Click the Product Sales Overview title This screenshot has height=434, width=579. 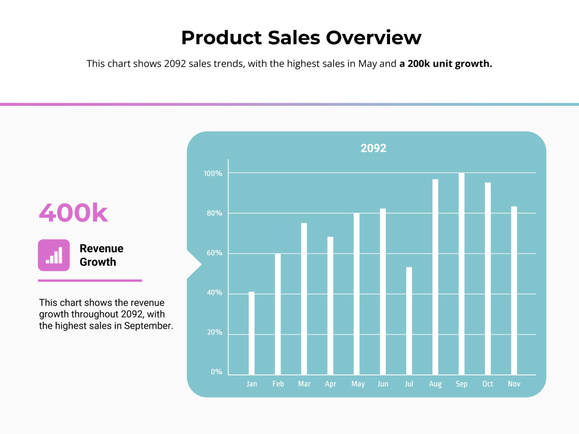[301, 37]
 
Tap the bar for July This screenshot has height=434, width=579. [409, 321]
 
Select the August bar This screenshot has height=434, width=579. [435, 277]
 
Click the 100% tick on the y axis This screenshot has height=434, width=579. [213, 174]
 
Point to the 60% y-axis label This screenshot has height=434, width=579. [215, 253]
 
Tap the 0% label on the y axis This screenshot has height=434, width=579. [216, 372]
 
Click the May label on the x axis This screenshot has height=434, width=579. [358, 384]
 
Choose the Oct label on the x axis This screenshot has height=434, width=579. [487, 384]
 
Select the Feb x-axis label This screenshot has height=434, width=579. [278, 384]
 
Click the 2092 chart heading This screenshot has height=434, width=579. [373, 148]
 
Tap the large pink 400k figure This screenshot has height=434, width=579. [73, 213]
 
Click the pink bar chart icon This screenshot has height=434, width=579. [54, 255]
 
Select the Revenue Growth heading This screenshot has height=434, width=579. [101, 255]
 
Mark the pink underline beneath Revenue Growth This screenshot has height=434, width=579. [90, 280]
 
